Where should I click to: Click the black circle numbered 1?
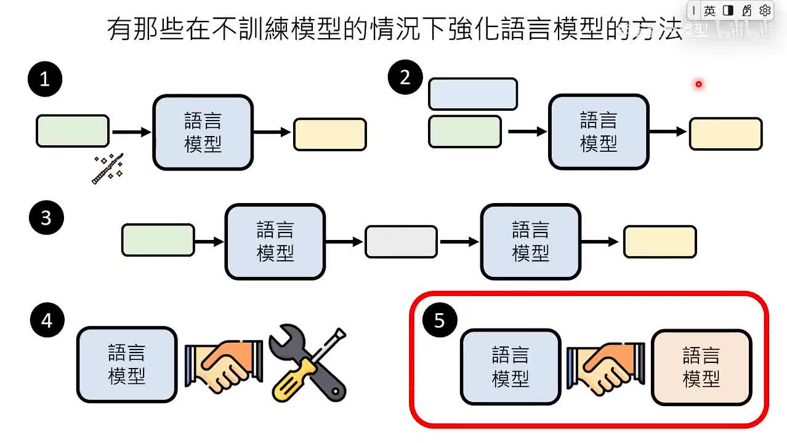[45, 79]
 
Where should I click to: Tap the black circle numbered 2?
[405, 78]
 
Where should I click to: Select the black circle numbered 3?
[46, 217]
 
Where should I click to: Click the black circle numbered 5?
[439, 320]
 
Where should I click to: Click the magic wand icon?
[108, 169]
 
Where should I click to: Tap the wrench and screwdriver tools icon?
[308, 364]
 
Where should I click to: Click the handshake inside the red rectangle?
[606, 368]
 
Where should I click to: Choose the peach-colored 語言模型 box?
[701, 367]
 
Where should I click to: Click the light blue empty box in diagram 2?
[472, 94]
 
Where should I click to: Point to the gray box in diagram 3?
[401, 242]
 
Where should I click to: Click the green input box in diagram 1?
[73, 131]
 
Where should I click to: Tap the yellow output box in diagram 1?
[330, 134]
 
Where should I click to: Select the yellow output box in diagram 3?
[660, 242]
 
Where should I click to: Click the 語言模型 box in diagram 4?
[127, 365]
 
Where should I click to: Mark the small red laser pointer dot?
[698, 84]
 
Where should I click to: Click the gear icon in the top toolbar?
[765, 10]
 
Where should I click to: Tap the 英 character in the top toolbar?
[710, 10]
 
